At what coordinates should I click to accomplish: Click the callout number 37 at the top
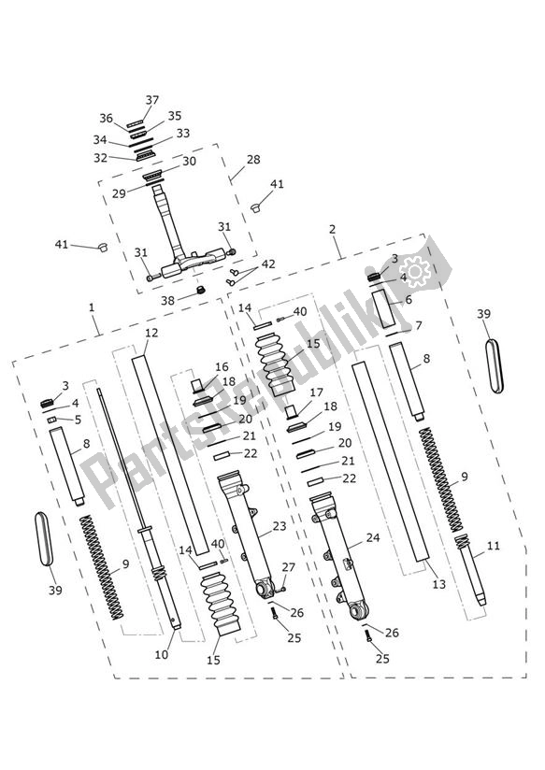click(x=152, y=100)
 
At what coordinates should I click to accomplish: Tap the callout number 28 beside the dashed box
click(x=253, y=161)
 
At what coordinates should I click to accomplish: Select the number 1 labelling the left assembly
click(x=91, y=307)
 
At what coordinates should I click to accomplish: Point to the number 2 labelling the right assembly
click(x=332, y=229)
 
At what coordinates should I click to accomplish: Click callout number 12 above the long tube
click(x=151, y=333)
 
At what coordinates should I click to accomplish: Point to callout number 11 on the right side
click(x=494, y=546)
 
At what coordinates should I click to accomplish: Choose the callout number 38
click(x=167, y=301)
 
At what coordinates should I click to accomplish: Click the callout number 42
click(x=269, y=264)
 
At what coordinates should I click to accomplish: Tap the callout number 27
click(x=288, y=566)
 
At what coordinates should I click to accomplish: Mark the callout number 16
click(x=222, y=367)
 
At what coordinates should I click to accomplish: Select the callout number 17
click(x=316, y=392)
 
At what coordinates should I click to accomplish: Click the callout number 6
click(x=408, y=301)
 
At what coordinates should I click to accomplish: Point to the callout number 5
click(x=78, y=420)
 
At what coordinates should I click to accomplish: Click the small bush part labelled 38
click(x=198, y=293)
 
